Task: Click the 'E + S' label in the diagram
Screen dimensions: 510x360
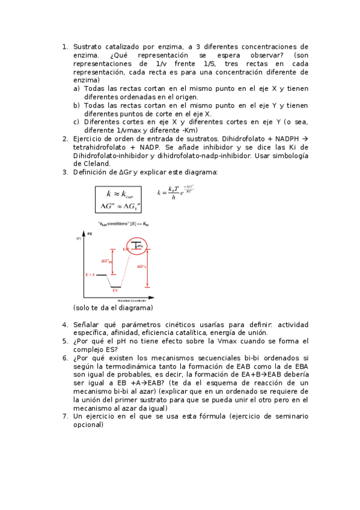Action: (x=91, y=274)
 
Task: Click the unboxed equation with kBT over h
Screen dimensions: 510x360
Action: (x=175, y=194)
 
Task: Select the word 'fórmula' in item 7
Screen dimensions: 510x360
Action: (x=207, y=416)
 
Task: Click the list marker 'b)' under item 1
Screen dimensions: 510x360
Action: (x=77, y=105)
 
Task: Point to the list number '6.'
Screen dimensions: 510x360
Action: (x=66, y=358)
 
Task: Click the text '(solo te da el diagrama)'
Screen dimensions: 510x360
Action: (x=113, y=308)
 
